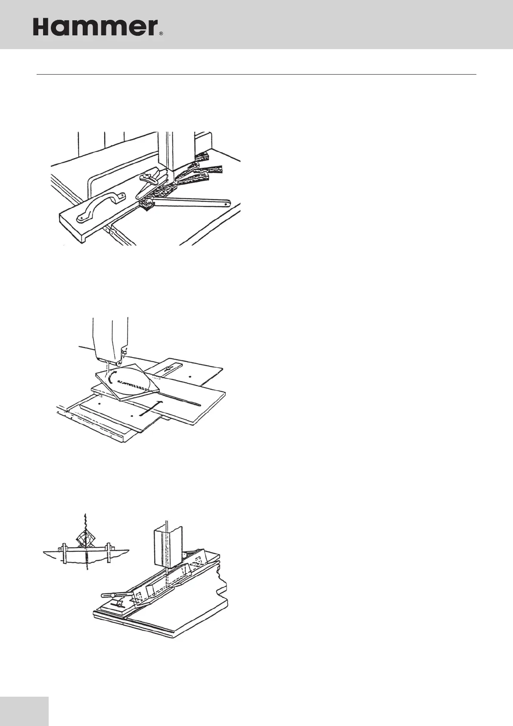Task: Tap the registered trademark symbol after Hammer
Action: (161, 33)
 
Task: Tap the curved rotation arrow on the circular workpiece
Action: (111, 378)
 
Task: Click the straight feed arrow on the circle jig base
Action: (151, 408)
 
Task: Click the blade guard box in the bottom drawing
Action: (166, 545)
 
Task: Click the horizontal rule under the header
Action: (256, 75)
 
